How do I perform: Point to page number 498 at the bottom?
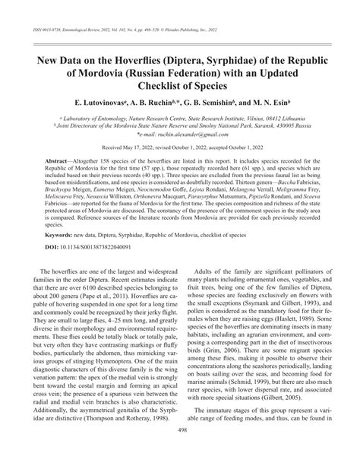coord(179,450)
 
